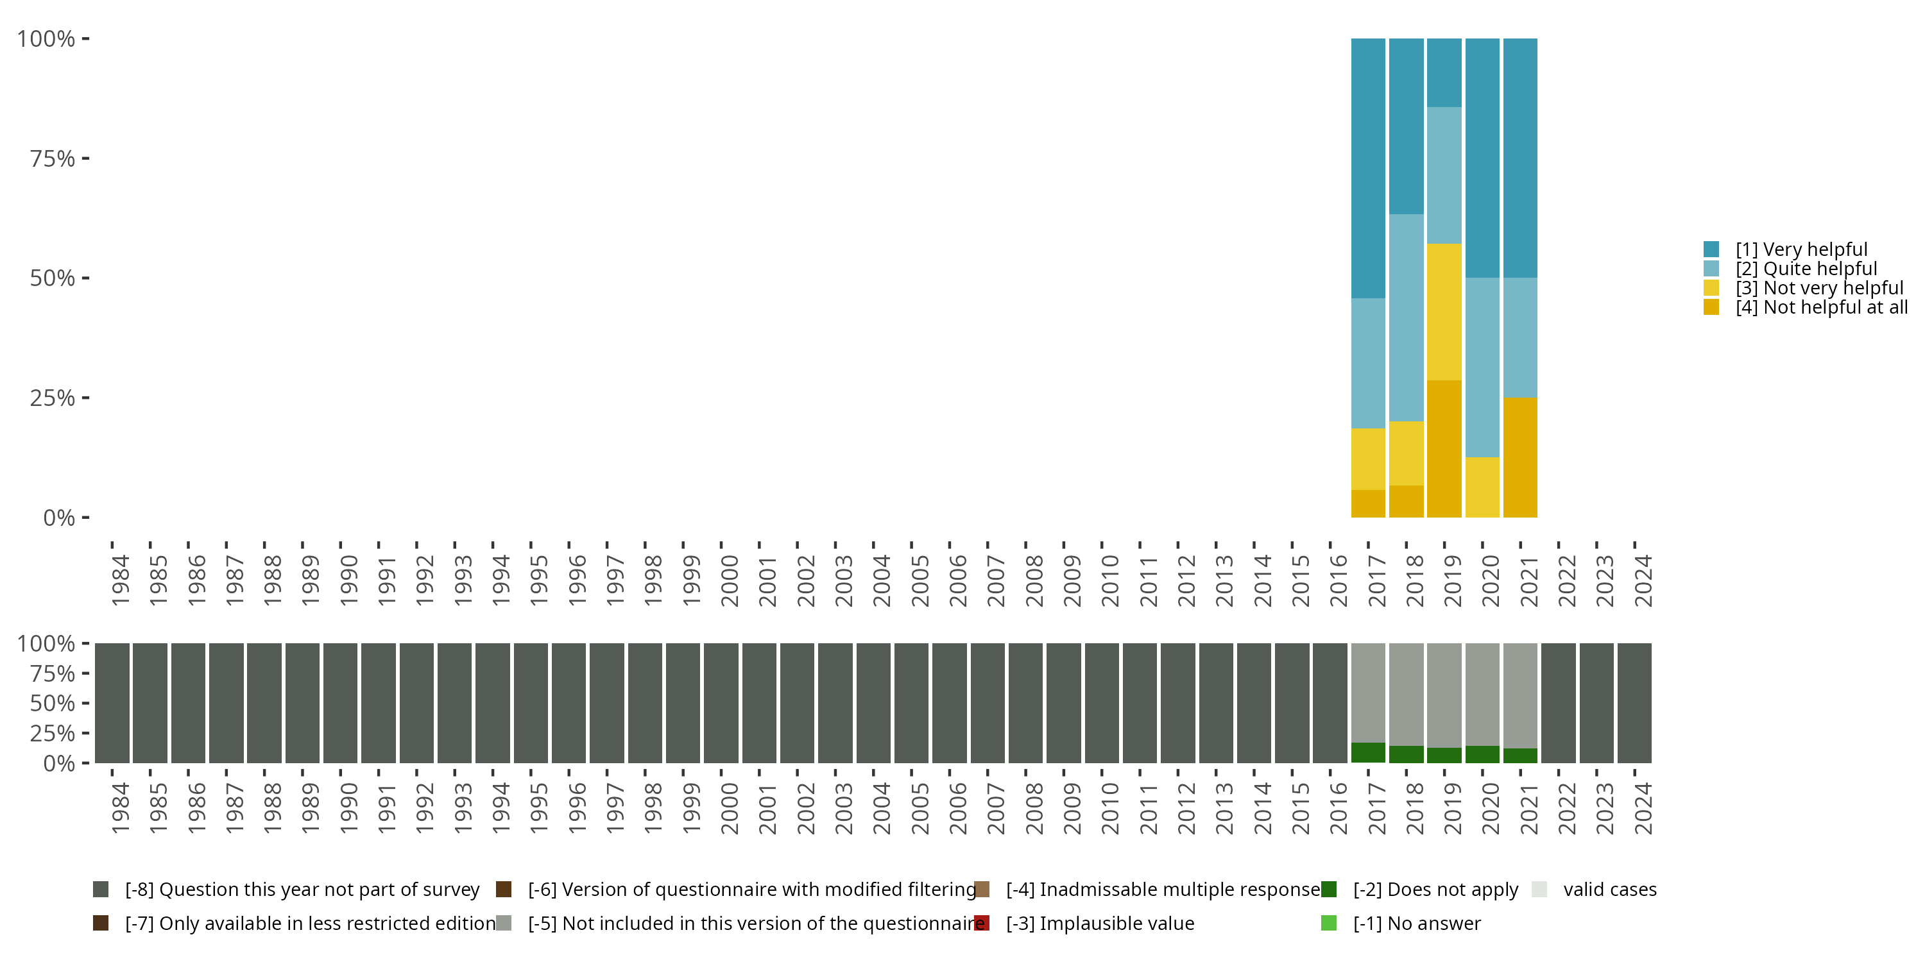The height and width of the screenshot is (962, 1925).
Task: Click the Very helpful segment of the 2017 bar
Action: (1367, 168)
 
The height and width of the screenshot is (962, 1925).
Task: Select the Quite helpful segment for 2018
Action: (1406, 317)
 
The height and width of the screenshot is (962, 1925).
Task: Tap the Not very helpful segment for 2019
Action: (1444, 312)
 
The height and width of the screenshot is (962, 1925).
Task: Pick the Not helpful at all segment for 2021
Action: (1520, 457)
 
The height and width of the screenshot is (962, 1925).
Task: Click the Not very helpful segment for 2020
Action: (1482, 487)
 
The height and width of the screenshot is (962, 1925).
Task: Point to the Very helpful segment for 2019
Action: (1444, 72)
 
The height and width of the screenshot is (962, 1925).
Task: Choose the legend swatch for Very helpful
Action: (1711, 249)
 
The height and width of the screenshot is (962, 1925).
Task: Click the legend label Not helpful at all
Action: (1821, 308)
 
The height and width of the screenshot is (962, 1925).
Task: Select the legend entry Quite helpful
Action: (1806, 269)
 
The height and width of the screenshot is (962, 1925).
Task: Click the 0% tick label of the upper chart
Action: (59, 518)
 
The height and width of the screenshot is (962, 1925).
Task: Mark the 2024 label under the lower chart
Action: (1643, 808)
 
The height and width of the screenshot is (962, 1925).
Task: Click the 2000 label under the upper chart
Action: (730, 580)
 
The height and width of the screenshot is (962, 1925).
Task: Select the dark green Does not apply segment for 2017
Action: (1367, 752)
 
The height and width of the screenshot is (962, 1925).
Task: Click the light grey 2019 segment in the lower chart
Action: (1444, 695)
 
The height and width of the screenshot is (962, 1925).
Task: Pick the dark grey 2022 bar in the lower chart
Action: (1558, 703)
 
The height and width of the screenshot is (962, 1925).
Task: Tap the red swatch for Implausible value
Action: (982, 923)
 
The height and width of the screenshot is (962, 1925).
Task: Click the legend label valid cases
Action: (1610, 890)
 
